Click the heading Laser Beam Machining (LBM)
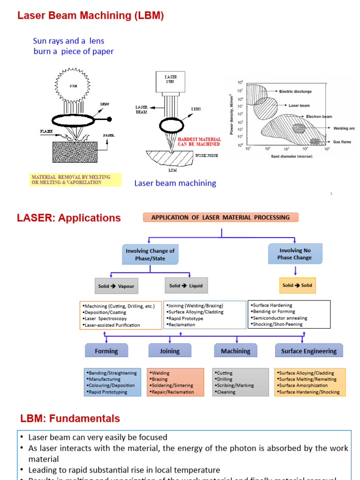[90, 15]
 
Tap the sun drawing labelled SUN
[74, 86]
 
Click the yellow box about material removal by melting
[75, 180]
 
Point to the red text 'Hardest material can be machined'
[199, 142]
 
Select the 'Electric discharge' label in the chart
[295, 91]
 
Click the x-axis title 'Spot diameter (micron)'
[292, 156]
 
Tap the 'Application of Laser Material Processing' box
[220, 217]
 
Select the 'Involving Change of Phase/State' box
[150, 255]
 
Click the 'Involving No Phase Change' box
[295, 254]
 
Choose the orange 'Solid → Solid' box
[297, 285]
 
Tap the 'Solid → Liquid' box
[186, 285]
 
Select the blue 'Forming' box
[106, 351]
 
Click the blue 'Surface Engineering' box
[308, 351]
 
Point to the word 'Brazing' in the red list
[160, 379]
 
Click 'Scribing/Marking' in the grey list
[236, 385]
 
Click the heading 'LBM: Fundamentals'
[70, 419]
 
